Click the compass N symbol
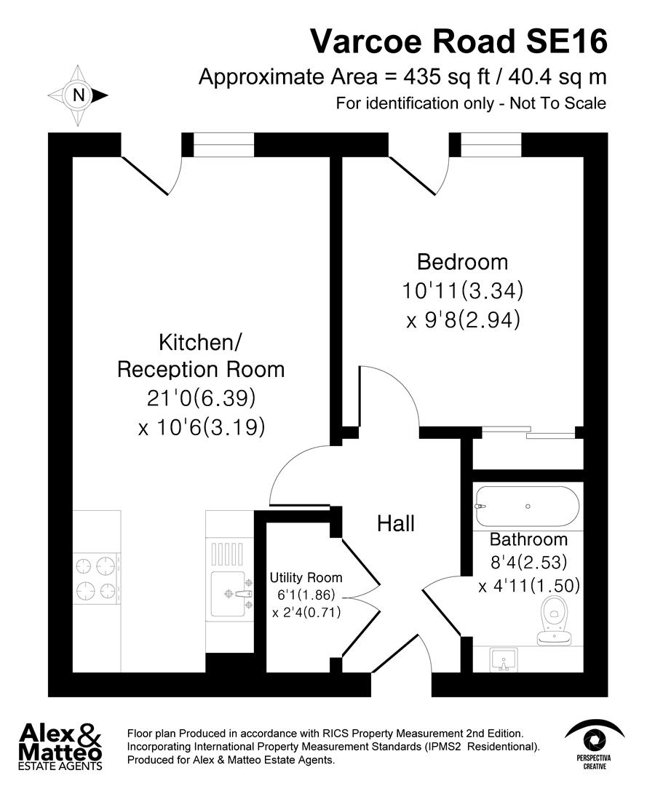[77, 95]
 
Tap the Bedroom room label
[462, 262]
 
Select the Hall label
[396, 523]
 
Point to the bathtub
[528, 507]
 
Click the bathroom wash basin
[503, 660]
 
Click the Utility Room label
[306, 578]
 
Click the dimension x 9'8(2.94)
[464, 320]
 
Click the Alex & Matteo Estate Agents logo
[60, 745]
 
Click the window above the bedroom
[492, 145]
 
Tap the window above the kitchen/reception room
[224, 145]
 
